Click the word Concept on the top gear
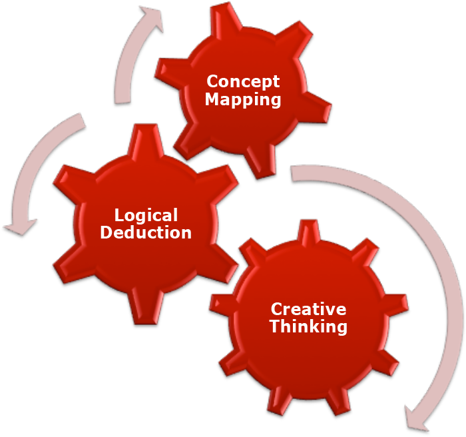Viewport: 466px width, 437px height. [x=243, y=81]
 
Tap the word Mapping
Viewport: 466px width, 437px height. [x=243, y=99]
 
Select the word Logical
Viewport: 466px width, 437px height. [x=146, y=215]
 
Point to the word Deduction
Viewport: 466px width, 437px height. [x=146, y=232]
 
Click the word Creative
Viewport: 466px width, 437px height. [x=308, y=309]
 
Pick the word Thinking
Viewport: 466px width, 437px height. [x=308, y=326]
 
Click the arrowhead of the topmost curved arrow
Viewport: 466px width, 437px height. [x=152, y=18]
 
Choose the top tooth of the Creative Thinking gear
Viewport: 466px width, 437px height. [x=308, y=231]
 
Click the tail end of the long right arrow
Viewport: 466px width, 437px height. [x=296, y=173]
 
